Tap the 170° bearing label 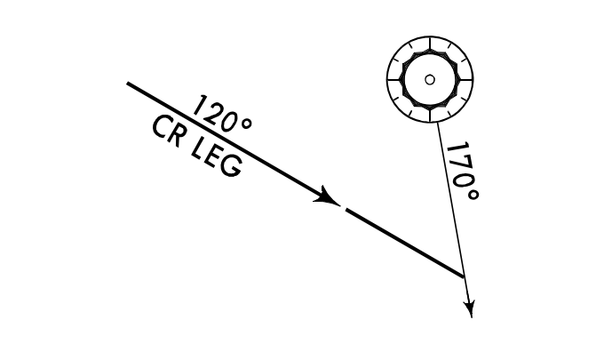(x=463, y=170)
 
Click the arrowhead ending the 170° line (x=469, y=308)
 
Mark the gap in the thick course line (x=343, y=207)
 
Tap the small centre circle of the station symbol (x=430, y=79)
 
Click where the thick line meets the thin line (x=464, y=277)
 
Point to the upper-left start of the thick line (x=130, y=84)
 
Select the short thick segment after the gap (x=405, y=243)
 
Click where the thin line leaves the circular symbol (x=438, y=123)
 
